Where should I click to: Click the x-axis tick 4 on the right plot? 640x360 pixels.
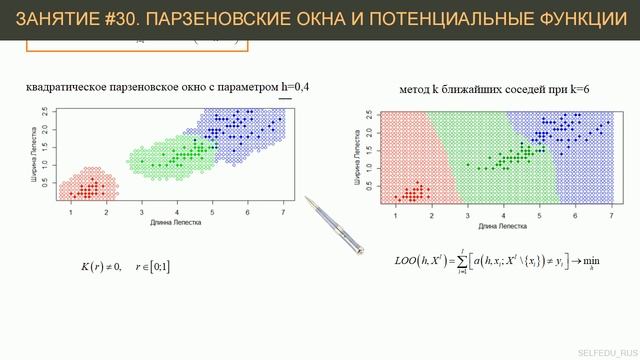pos(503,217)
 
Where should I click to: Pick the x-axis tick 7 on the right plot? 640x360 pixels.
pos(610,217)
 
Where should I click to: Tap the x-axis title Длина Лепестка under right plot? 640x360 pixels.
pos(503,226)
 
